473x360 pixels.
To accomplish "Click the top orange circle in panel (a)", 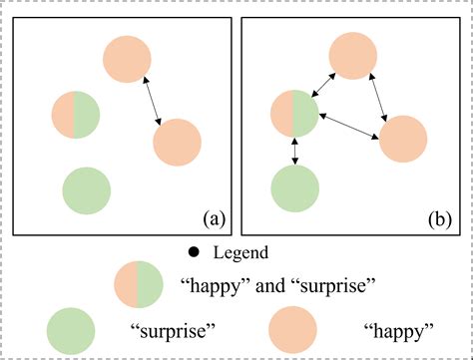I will pos(128,57).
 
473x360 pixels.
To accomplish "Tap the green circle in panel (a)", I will pos(86,187).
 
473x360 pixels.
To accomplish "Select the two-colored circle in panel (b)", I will pos(295,114).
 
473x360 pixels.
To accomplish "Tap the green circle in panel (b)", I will pos(295,187).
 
